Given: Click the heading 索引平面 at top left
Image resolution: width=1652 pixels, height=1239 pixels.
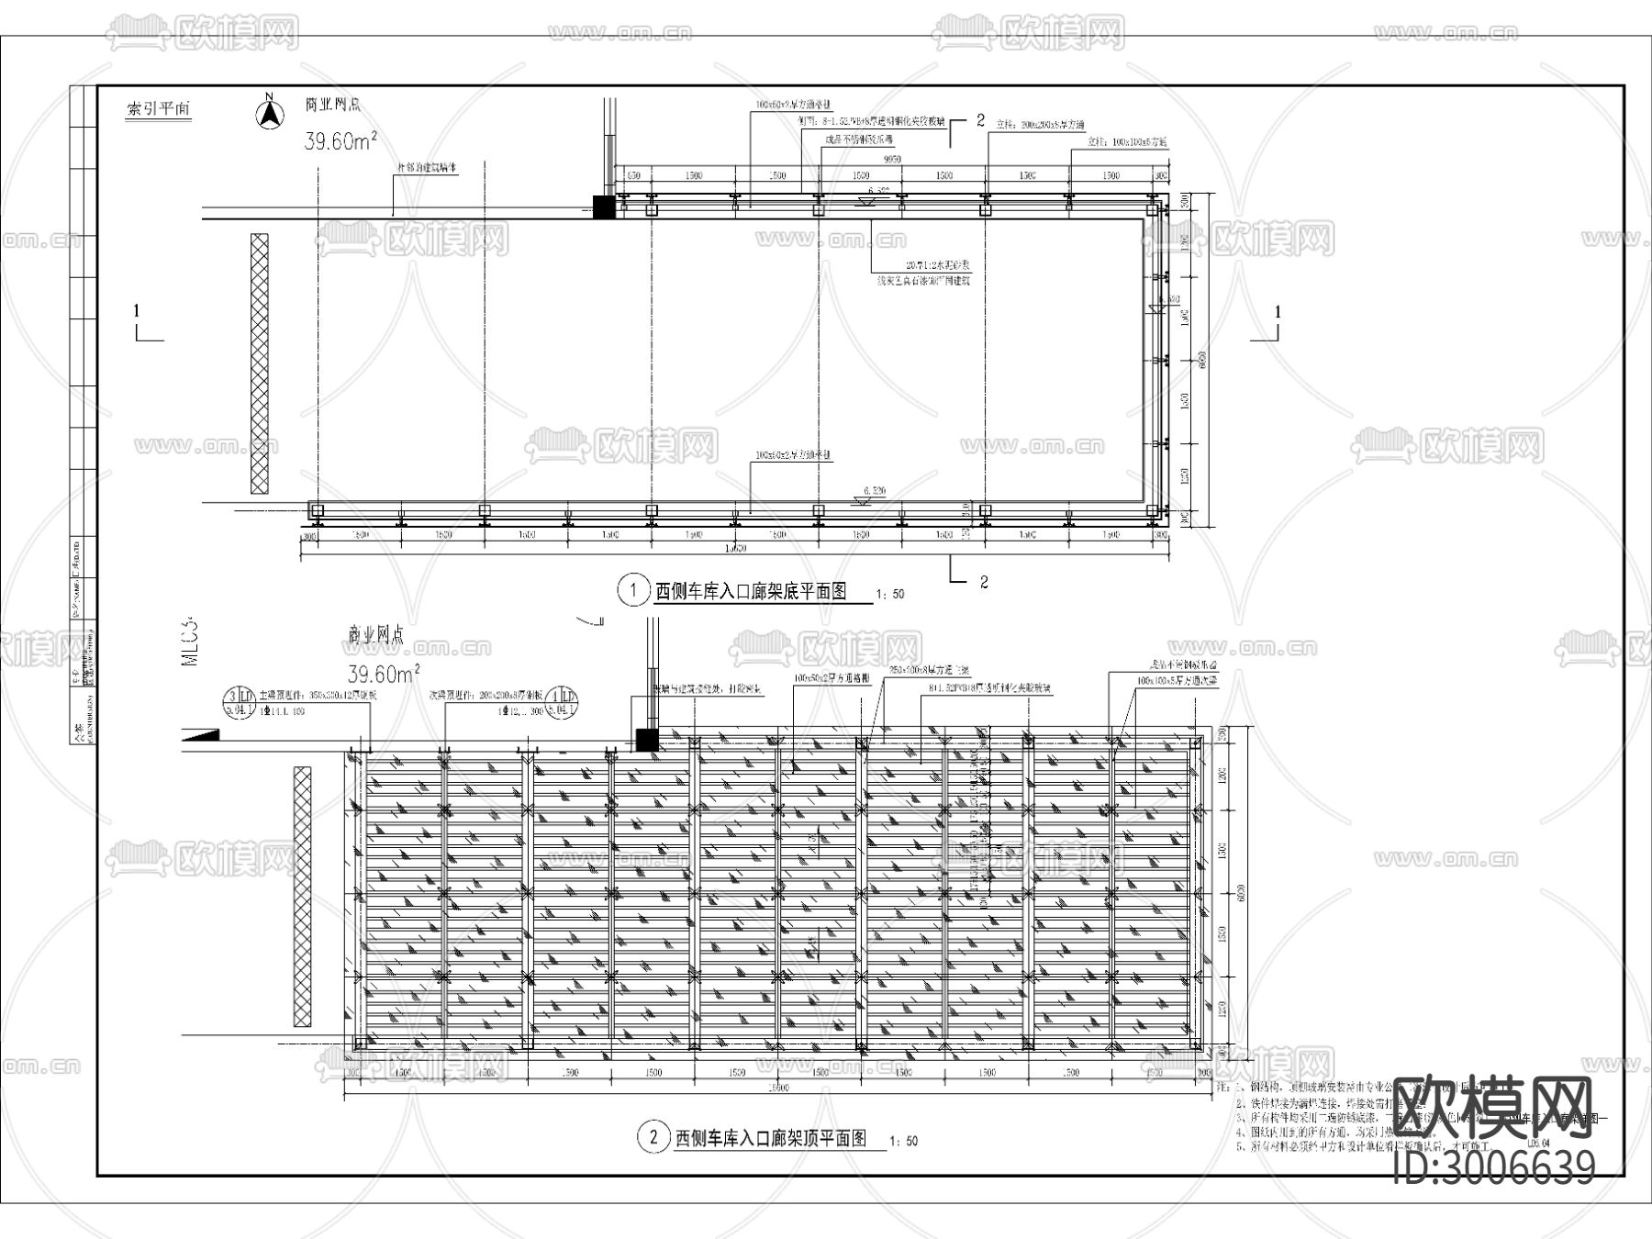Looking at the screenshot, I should (x=159, y=109).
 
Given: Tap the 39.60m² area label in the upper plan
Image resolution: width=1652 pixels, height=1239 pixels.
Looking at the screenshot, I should (x=340, y=141).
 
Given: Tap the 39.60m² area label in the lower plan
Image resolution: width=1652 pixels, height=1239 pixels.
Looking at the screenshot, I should (x=384, y=675).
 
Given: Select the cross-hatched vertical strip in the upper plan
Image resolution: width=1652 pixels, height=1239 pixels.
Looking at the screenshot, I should (x=260, y=363).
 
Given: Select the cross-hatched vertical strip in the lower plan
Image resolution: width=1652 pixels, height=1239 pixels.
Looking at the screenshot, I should (x=302, y=896).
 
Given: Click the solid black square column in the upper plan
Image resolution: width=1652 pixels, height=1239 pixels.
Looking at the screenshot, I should (x=603, y=207).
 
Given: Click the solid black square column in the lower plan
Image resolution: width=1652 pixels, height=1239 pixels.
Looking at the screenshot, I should (x=647, y=740).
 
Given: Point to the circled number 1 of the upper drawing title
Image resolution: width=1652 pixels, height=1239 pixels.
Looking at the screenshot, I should (x=632, y=590).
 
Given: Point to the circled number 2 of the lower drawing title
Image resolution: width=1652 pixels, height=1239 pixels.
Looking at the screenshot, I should (x=653, y=1138).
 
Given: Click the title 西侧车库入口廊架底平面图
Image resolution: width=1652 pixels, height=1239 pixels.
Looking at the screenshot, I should (x=749, y=592).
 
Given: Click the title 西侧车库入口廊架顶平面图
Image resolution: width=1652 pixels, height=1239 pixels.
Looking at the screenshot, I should (x=771, y=1139).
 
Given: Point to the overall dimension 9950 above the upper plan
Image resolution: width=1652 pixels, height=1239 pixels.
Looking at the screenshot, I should (x=891, y=160).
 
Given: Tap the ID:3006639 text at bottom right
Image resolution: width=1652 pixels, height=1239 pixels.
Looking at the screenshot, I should (x=1494, y=1166).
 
